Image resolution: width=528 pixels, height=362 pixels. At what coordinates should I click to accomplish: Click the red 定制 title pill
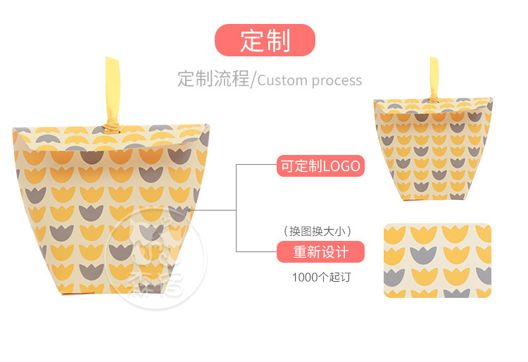(x=265, y=40)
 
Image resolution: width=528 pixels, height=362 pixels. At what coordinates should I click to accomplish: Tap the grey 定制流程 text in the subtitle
(x=213, y=79)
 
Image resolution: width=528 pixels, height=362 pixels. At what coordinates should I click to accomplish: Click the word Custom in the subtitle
(x=282, y=80)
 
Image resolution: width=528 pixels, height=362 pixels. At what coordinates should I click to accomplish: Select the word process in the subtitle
(x=336, y=80)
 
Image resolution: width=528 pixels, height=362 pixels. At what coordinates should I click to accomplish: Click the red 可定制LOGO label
(x=320, y=167)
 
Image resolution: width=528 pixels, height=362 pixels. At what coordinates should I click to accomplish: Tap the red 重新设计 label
(x=320, y=251)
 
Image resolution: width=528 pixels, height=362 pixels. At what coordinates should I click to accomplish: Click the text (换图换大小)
(x=318, y=230)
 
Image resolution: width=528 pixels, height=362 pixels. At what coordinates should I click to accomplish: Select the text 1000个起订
(x=321, y=277)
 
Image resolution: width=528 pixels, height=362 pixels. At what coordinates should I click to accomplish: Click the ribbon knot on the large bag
(x=113, y=128)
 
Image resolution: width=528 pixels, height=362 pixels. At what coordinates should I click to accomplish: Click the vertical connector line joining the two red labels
(x=236, y=208)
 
